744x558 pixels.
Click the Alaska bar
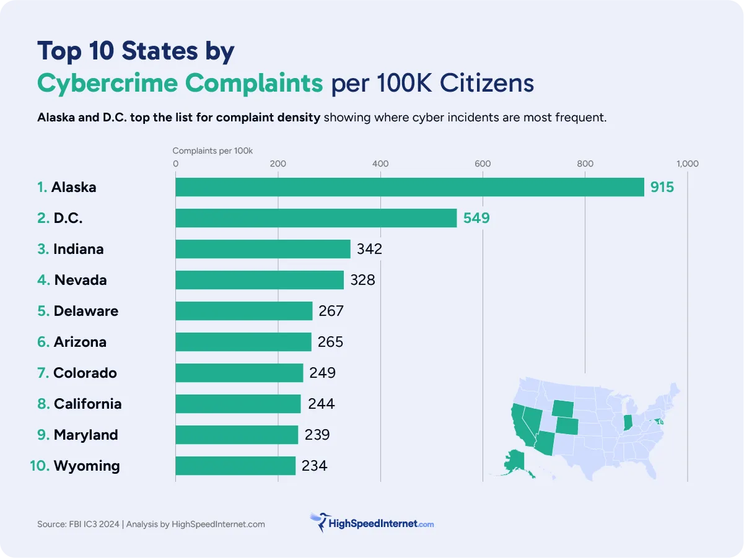click(409, 187)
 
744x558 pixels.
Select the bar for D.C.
click(316, 218)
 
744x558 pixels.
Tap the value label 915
click(662, 187)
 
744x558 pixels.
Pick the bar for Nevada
click(259, 280)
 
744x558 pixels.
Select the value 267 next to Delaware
click(331, 311)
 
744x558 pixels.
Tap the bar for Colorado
click(239, 373)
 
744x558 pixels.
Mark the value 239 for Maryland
click(317, 435)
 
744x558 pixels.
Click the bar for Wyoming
click(235, 466)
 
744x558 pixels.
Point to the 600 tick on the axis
click(483, 164)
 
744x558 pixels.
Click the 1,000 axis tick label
click(687, 164)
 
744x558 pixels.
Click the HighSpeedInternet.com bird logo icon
click(320, 522)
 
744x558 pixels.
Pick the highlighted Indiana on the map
click(627, 422)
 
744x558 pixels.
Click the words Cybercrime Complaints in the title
click(180, 83)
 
